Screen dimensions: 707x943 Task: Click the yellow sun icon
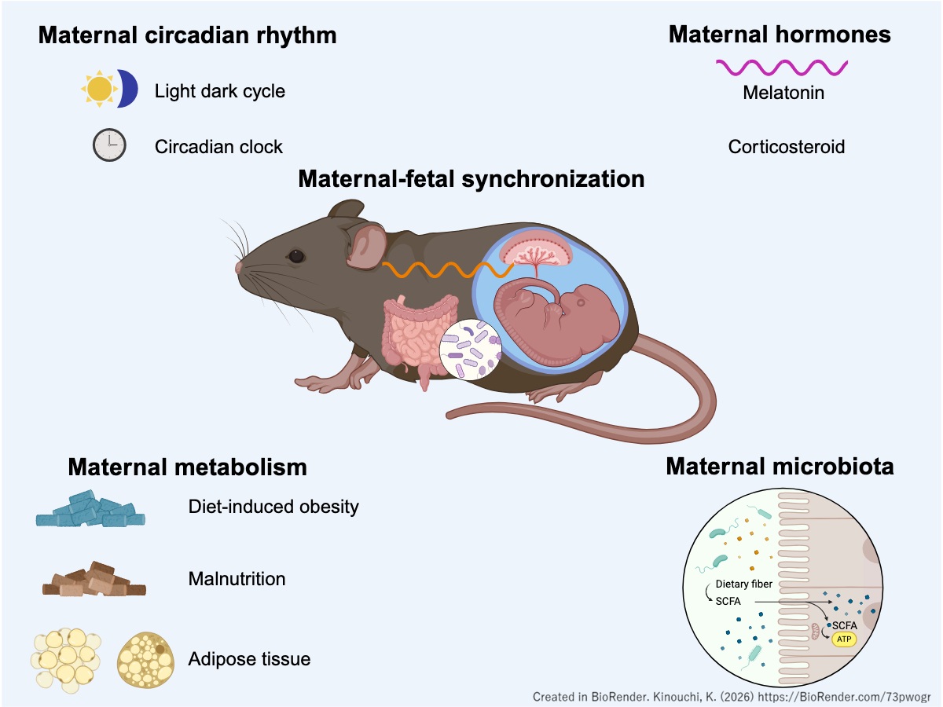click(100, 90)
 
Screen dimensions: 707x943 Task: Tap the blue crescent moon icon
click(128, 89)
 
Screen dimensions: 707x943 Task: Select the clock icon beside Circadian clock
click(109, 145)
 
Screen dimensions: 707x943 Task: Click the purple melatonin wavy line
click(781, 68)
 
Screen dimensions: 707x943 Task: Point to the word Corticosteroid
click(787, 146)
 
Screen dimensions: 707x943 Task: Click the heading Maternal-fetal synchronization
click(472, 179)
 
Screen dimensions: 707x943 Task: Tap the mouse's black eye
click(296, 256)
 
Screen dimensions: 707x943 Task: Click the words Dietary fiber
click(743, 584)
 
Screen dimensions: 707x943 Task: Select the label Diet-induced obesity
click(273, 507)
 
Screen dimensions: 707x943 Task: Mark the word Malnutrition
click(237, 580)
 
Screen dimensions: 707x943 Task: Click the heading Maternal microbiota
click(780, 467)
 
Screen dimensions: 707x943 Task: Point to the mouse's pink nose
click(239, 267)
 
